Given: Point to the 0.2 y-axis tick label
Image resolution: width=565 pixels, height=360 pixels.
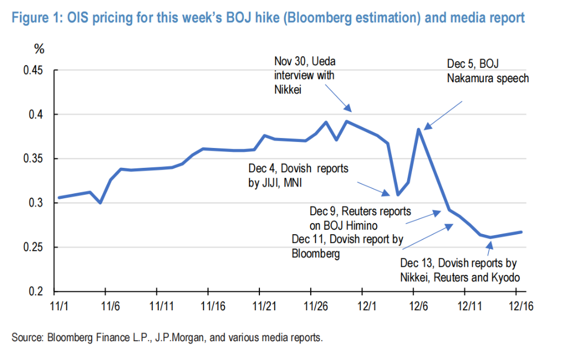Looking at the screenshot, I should point(39,292).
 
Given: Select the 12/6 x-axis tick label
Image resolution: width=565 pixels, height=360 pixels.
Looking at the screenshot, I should point(413,304).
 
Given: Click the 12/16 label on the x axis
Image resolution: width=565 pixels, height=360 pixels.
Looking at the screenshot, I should point(516,304).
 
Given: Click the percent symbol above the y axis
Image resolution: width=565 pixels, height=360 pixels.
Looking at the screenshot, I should point(39,49).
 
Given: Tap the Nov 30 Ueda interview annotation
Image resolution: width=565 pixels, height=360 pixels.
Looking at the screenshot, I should point(305,75).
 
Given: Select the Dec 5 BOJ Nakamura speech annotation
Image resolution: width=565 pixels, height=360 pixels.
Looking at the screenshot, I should point(487,71).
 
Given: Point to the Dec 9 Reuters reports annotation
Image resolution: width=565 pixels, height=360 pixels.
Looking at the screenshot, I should point(360,218).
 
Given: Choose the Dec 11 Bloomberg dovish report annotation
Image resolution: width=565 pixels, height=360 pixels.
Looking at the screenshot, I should point(348,246).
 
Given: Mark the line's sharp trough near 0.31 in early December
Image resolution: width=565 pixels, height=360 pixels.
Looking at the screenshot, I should point(398,194).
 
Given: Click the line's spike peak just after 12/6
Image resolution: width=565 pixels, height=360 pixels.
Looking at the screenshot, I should point(419,129).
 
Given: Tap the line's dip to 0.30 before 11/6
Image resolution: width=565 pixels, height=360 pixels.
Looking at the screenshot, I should point(100,203).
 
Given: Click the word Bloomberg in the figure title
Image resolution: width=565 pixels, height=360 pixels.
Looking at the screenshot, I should point(320,18).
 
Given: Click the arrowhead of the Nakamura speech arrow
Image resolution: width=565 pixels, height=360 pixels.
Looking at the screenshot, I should point(425,128).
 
